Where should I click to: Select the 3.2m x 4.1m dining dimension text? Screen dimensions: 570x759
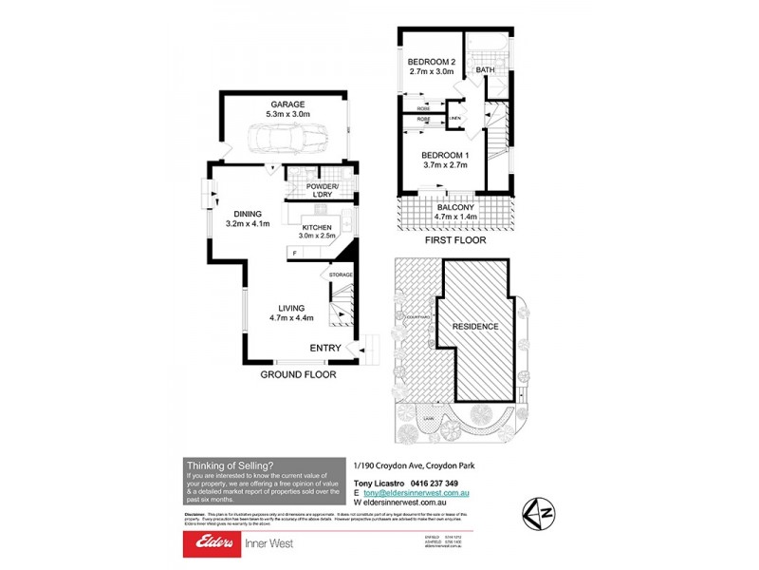(248, 224)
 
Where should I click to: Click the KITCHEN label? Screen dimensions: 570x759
(317, 228)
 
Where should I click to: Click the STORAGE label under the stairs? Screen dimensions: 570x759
(341, 275)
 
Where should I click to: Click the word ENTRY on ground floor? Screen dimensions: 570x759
(324, 349)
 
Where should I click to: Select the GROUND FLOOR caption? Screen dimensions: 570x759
(299, 375)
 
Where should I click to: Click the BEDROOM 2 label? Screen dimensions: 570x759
(432, 61)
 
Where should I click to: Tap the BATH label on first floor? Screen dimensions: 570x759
(485, 70)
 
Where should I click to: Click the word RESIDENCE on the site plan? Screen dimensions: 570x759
(474, 326)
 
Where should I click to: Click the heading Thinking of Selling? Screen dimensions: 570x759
(230, 465)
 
